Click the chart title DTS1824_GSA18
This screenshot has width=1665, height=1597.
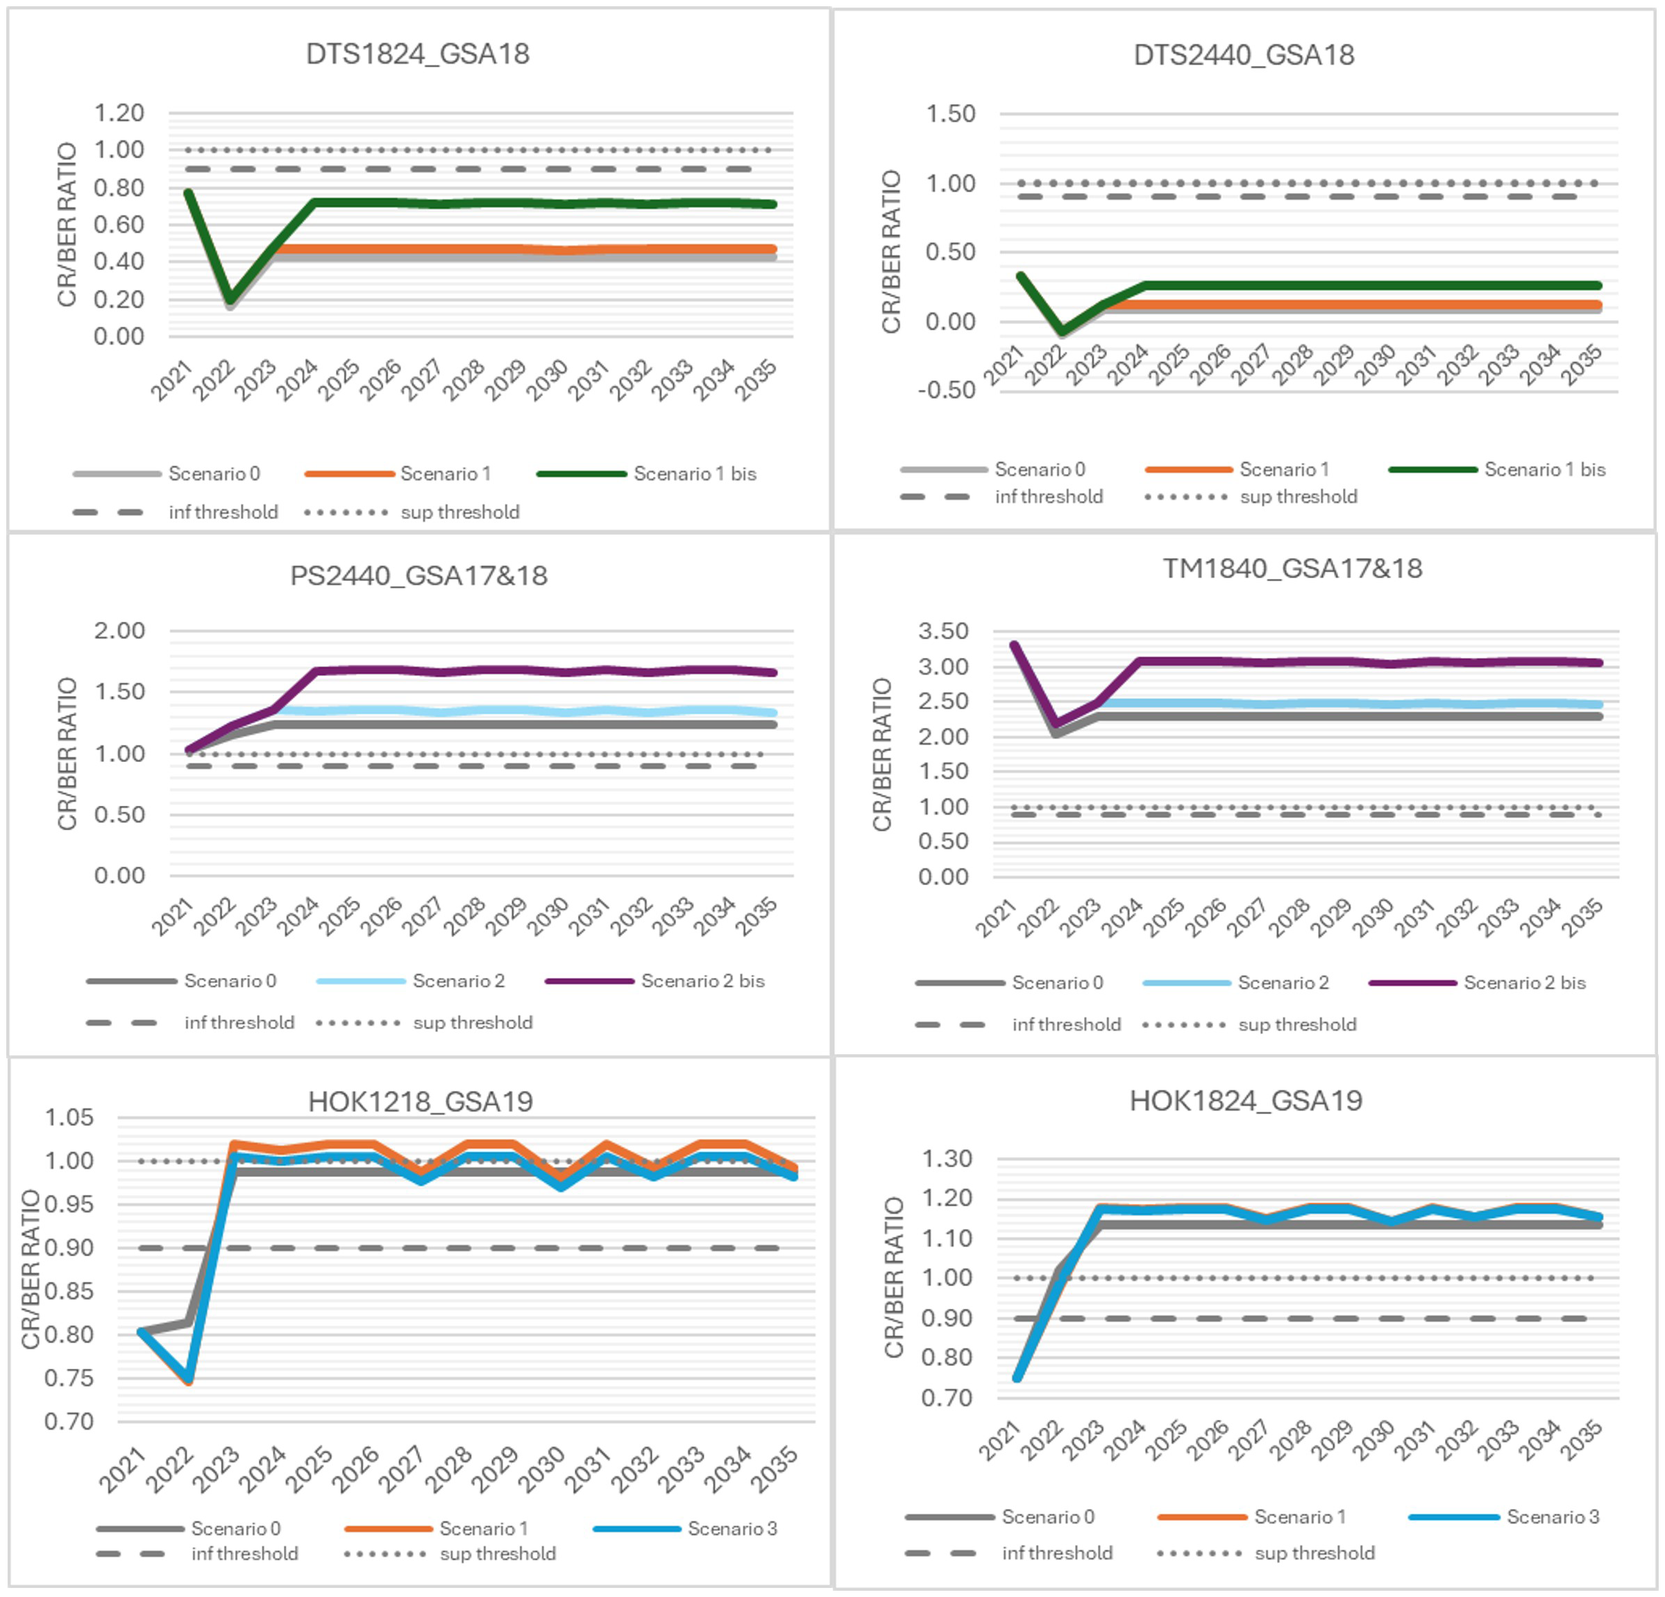pyautogui.click(x=417, y=53)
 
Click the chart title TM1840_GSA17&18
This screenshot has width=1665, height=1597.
pyautogui.click(x=1291, y=568)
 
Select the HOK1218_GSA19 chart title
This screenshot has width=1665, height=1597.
pyautogui.click(x=420, y=1101)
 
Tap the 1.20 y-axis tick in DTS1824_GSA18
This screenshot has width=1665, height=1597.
pyautogui.click(x=118, y=113)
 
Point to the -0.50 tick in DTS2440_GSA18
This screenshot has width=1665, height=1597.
pyautogui.click(x=947, y=390)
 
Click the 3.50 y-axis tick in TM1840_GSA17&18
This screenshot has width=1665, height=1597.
pyautogui.click(x=943, y=631)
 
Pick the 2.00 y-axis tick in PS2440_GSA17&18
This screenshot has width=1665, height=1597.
pyautogui.click(x=119, y=630)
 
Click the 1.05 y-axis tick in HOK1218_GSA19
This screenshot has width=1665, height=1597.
pyautogui.click(x=69, y=1117)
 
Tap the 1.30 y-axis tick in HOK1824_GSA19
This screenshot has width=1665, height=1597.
pyautogui.click(x=947, y=1158)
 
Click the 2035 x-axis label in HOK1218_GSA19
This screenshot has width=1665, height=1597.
pyautogui.click(x=775, y=1469)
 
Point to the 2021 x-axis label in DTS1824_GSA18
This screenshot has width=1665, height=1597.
pyautogui.click(x=172, y=380)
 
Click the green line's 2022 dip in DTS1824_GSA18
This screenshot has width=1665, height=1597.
pyautogui.click(x=229, y=301)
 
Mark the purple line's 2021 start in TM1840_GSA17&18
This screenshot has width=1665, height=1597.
pyautogui.click(x=1013, y=645)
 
